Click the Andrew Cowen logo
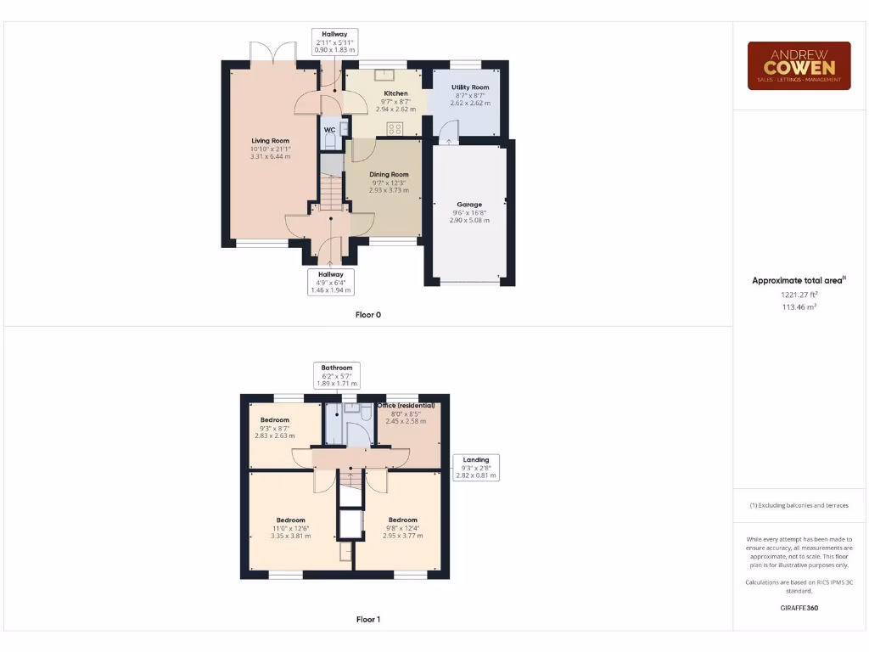[x=798, y=65]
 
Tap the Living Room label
[x=270, y=141]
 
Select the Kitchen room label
[x=395, y=93]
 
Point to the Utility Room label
[x=469, y=87]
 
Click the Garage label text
[x=469, y=205]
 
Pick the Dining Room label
[x=389, y=175]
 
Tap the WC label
[x=329, y=130]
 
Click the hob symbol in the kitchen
[x=395, y=129]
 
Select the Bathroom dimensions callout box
[x=337, y=375]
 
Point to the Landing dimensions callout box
[x=476, y=468]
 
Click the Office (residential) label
[x=412, y=406]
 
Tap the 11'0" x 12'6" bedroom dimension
[x=290, y=528]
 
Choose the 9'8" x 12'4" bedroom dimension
[x=402, y=528]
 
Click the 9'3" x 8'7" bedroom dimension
[x=274, y=428]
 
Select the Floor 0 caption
[x=368, y=315]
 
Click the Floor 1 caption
[x=368, y=620]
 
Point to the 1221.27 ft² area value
[x=799, y=295]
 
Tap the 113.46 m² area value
[x=799, y=306]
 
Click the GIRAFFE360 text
[x=799, y=608]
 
